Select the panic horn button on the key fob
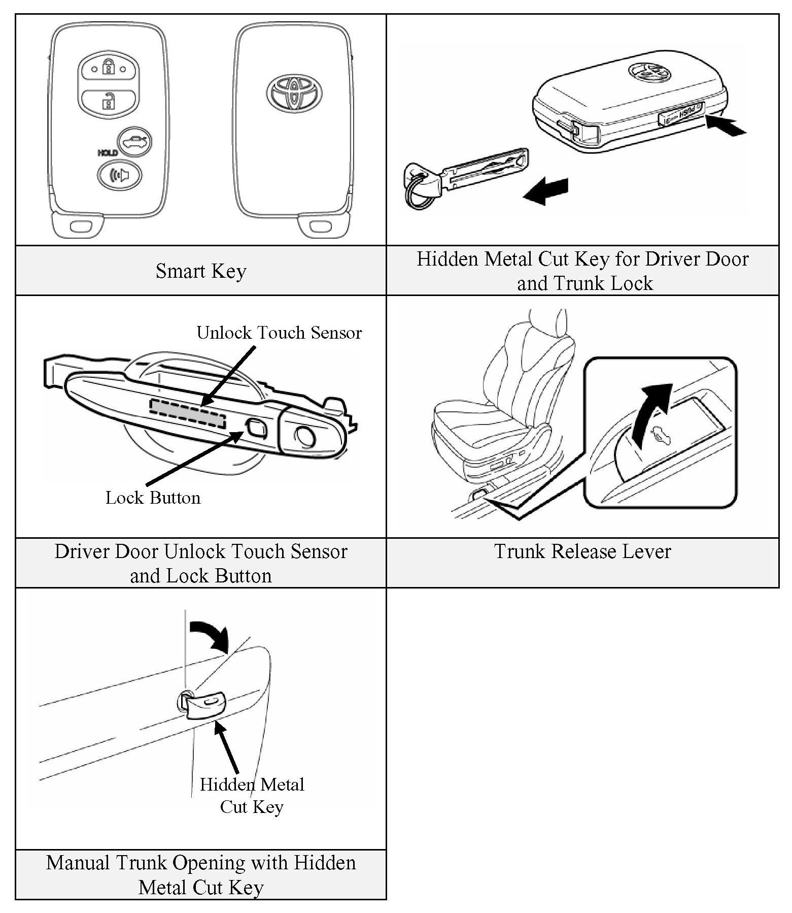tap(120, 175)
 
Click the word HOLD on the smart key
tap(107, 153)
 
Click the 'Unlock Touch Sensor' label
tap(279, 333)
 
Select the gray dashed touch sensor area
tap(187, 412)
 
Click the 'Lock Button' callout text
tap(153, 498)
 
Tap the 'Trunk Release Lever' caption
tap(582, 551)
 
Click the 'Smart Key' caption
tap(201, 271)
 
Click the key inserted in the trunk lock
tap(205, 706)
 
